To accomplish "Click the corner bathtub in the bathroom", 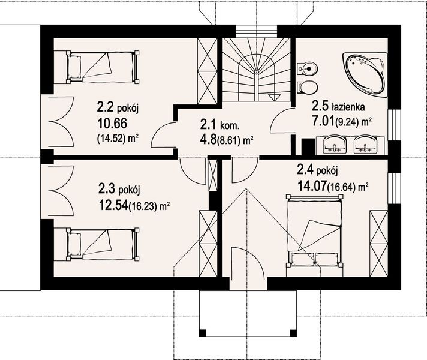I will (x=365, y=73).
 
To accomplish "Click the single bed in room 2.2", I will (x=103, y=65).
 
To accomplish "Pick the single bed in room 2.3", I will (x=103, y=243).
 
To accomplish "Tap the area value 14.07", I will (x=311, y=185).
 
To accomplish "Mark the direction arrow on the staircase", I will (x=276, y=97).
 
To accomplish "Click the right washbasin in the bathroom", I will (x=366, y=145).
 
